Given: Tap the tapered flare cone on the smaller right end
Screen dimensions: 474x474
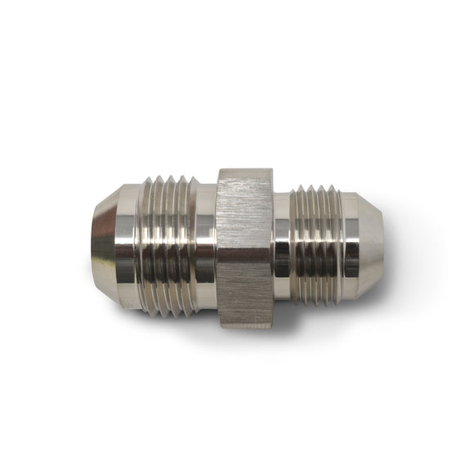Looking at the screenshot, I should coord(371,246).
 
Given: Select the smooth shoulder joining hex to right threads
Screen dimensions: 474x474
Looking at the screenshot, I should coord(281,246).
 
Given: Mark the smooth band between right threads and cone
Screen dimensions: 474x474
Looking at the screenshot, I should coord(350,246).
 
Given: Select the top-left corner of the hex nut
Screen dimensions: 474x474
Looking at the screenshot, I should coord(218,171).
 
